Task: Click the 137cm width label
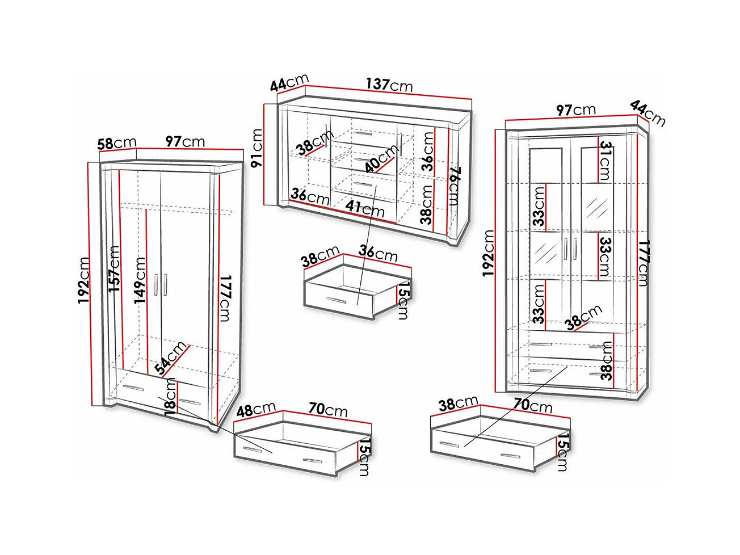tap(389, 85)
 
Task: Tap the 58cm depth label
tap(116, 143)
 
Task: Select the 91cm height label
tap(257, 148)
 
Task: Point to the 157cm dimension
tap(114, 268)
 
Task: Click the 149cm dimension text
tap(140, 280)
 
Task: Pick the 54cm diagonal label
tap(171, 358)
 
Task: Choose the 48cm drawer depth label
tap(255, 409)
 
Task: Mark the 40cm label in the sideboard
tap(381, 158)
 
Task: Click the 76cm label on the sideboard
tap(455, 186)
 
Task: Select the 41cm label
tap(365, 208)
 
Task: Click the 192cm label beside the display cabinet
tap(488, 253)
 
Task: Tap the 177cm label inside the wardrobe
tap(224, 298)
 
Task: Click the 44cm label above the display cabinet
tap(648, 113)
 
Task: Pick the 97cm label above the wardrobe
tap(185, 141)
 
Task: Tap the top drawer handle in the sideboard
tap(362, 134)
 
